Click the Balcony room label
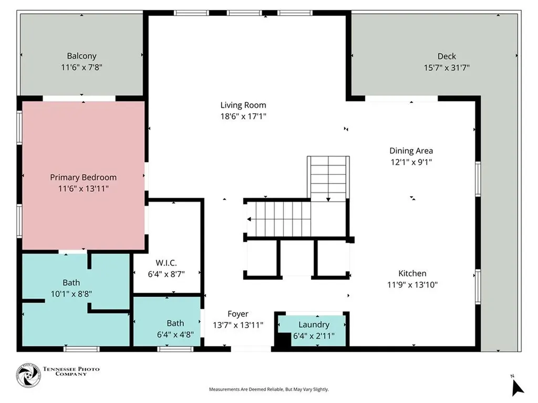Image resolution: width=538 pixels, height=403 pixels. pyautogui.click(x=81, y=56)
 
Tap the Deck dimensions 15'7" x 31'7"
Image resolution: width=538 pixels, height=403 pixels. pyautogui.click(x=447, y=68)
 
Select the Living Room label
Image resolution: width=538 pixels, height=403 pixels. pyautogui.click(x=243, y=105)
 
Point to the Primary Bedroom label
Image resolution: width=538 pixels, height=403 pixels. pyautogui.click(x=84, y=177)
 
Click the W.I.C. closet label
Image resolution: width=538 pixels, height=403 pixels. pyautogui.click(x=166, y=263)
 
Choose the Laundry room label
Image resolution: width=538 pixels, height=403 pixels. pyautogui.click(x=314, y=324)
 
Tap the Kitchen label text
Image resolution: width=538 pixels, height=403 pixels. pyautogui.click(x=412, y=273)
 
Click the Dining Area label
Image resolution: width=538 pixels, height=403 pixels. pyautogui.click(x=411, y=151)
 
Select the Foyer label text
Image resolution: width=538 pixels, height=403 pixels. pyautogui.click(x=238, y=314)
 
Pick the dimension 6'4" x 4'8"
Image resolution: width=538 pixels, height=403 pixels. pyautogui.click(x=175, y=334)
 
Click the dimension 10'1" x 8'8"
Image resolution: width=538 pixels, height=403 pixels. pyautogui.click(x=71, y=294)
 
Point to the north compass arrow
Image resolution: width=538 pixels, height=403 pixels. pyautogui.click(x=517, y=388)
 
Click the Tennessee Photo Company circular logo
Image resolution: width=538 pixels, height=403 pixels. pyautogui.click(x=28, y=375)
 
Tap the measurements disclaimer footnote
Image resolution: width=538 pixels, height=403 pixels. pyautogui.click(x=269, y=389)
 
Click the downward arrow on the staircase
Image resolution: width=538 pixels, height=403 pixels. pyautogui.click(x=328, y=199)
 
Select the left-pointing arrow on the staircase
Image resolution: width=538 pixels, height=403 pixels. pyautogui.click(x=249, y=219)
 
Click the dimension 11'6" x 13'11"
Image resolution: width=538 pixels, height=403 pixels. pyautogui.click(x=84, y=188)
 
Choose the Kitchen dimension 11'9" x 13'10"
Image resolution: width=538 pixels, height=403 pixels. pyautogui.click(x=412, y=285)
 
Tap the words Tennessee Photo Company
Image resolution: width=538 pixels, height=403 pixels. pyautogui.click(x=71, y=372)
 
